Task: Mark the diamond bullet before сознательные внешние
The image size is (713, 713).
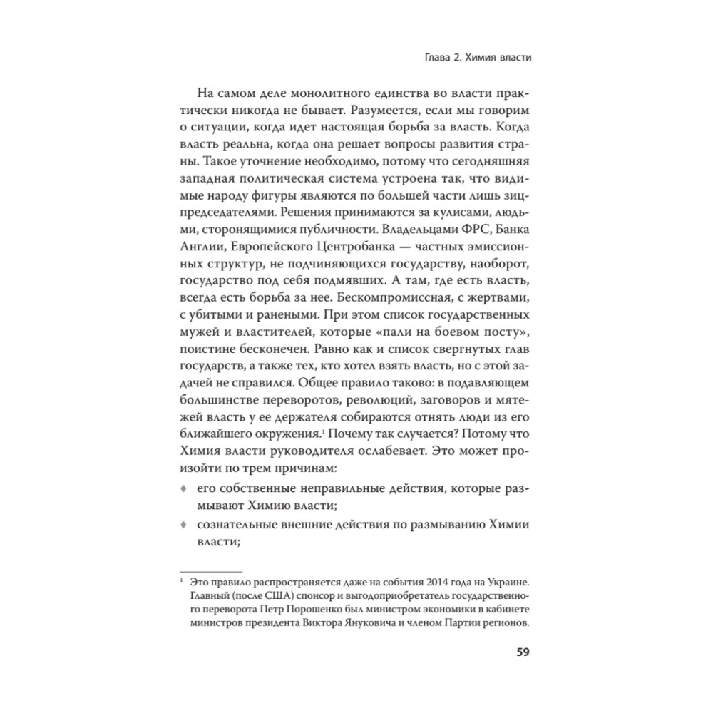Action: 183,525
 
